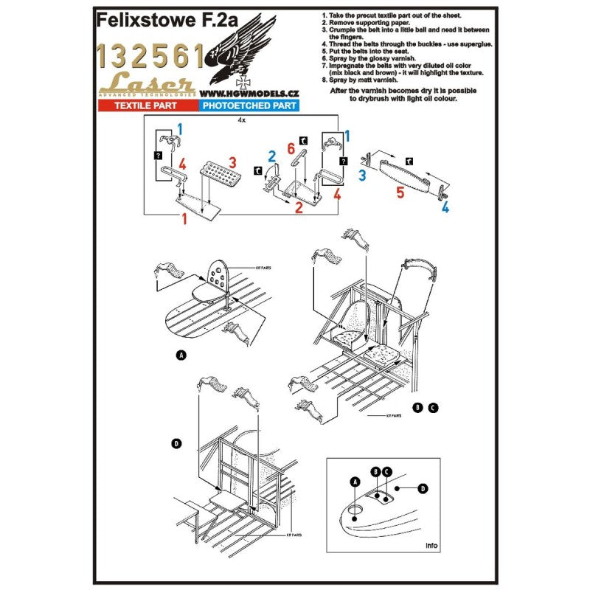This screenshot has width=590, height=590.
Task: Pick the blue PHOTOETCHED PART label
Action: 248,106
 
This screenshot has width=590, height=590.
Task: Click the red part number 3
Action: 232,162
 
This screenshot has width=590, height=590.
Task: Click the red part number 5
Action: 400,193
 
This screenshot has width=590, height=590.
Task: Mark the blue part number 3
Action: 362,176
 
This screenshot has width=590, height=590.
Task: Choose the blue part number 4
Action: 445,207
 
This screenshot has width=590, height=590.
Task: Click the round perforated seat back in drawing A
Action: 220,277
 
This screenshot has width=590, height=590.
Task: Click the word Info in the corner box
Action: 432,546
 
